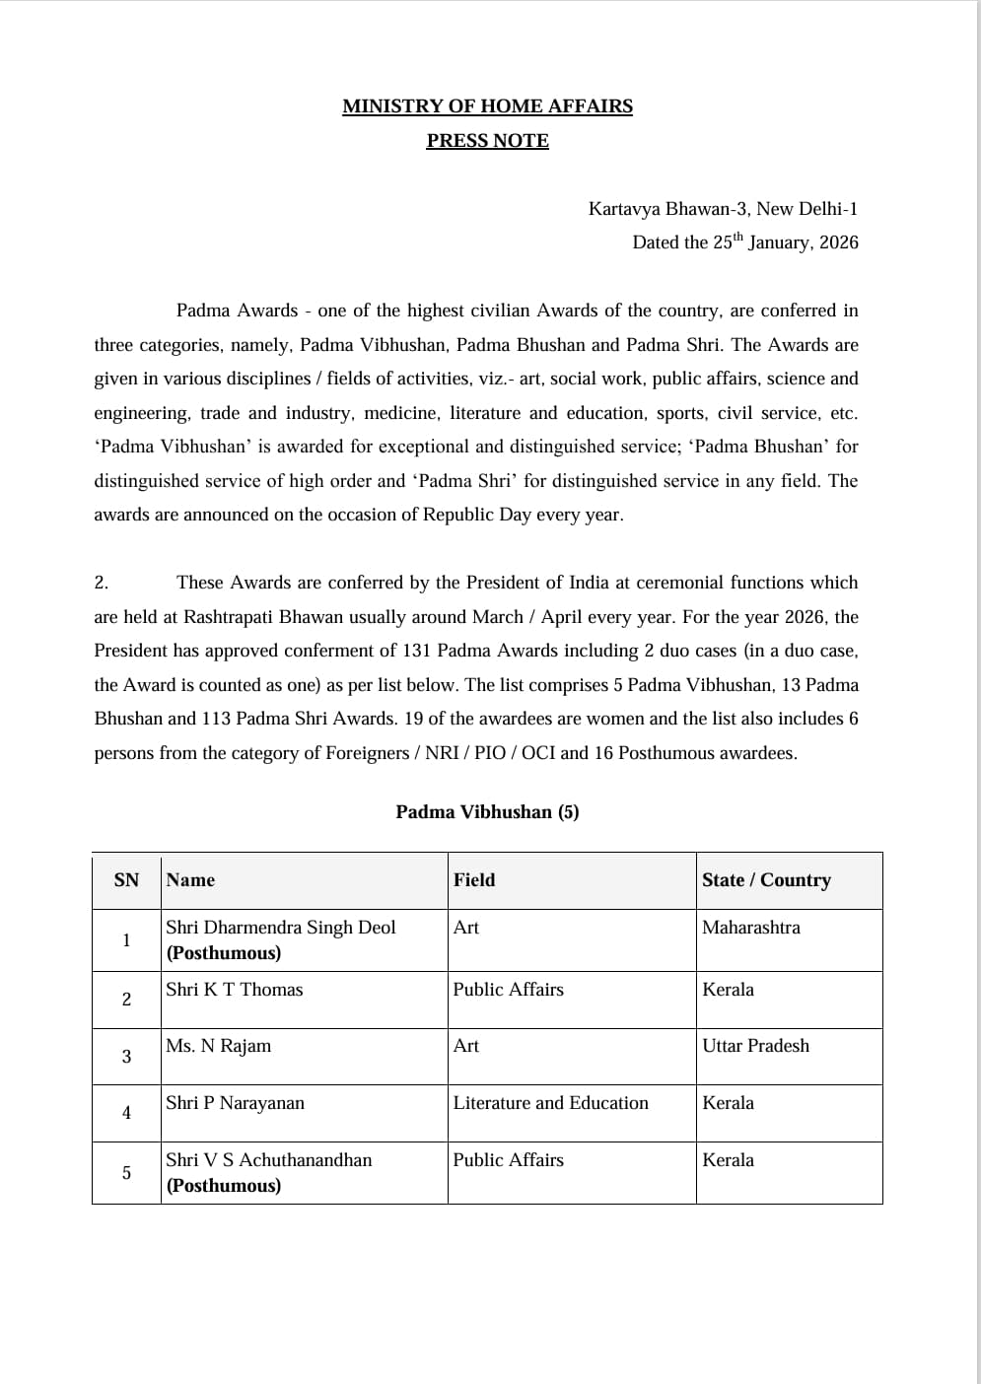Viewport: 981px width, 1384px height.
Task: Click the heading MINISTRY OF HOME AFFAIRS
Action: [487, 106]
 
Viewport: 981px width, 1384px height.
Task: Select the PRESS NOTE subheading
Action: [487, 141]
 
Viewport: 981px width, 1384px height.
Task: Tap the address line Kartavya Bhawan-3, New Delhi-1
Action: [723, 209]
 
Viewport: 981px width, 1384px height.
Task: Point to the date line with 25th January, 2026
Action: [744, 242]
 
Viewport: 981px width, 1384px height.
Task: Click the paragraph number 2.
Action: [101, 583]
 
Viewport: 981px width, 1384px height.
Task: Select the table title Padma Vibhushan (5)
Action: [487, 812]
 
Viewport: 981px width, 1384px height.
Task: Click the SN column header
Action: [126, 880]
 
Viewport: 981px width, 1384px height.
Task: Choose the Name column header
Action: [190, 880]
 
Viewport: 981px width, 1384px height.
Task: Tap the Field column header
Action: [474, 880]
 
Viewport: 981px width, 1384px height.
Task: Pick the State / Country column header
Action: [766, 880]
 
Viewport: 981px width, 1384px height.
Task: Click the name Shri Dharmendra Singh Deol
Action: [280, 928]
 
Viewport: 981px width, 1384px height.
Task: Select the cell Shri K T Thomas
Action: [234, 990]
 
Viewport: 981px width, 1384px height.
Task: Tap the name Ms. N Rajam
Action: [218, 1046]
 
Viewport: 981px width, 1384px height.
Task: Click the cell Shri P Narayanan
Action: [235, 1103]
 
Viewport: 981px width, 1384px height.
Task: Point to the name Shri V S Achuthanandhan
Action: [268, 1160]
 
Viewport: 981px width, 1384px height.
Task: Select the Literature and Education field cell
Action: [550, 1103]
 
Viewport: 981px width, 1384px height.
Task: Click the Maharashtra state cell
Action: [750, 928]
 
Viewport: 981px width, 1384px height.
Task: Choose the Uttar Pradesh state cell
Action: [755, 1046]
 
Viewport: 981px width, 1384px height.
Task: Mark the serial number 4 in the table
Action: [126, 1113]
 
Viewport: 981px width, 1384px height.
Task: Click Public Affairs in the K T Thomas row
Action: [508, 990]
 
